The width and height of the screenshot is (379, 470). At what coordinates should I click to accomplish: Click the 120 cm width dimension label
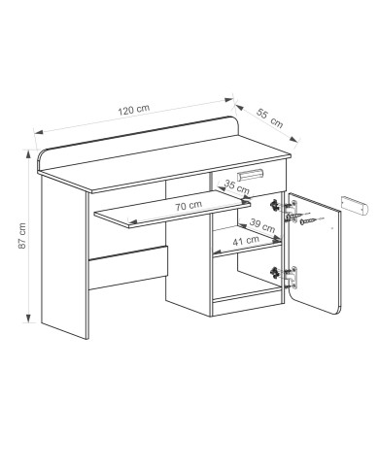(134, 110)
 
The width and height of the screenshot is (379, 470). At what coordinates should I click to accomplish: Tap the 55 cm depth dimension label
(270, 117)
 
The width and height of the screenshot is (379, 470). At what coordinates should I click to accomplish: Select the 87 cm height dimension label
(21, 236)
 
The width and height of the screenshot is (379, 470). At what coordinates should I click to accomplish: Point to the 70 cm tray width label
(189, 205)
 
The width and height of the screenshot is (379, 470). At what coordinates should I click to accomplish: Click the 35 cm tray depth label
(237, 186)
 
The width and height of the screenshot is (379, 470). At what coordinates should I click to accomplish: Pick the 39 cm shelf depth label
(262, 225)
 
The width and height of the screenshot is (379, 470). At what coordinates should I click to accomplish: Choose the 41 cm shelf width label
(246, 240)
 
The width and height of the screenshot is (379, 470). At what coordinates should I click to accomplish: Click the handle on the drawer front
(250, 175)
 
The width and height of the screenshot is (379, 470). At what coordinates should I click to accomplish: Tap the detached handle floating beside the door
(355, 206)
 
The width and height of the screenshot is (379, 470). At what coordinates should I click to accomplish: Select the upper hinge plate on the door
(292, 212)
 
